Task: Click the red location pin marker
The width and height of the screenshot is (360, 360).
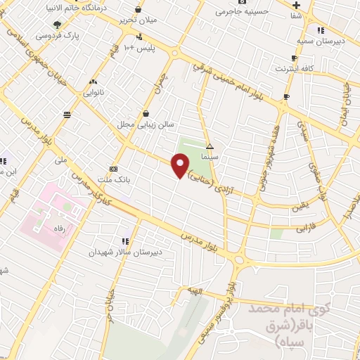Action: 181,166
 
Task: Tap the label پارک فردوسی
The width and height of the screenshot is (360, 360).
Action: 37,34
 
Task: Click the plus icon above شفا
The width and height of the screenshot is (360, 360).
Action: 297,5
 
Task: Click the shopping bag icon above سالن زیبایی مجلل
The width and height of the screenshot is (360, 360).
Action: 146,113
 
